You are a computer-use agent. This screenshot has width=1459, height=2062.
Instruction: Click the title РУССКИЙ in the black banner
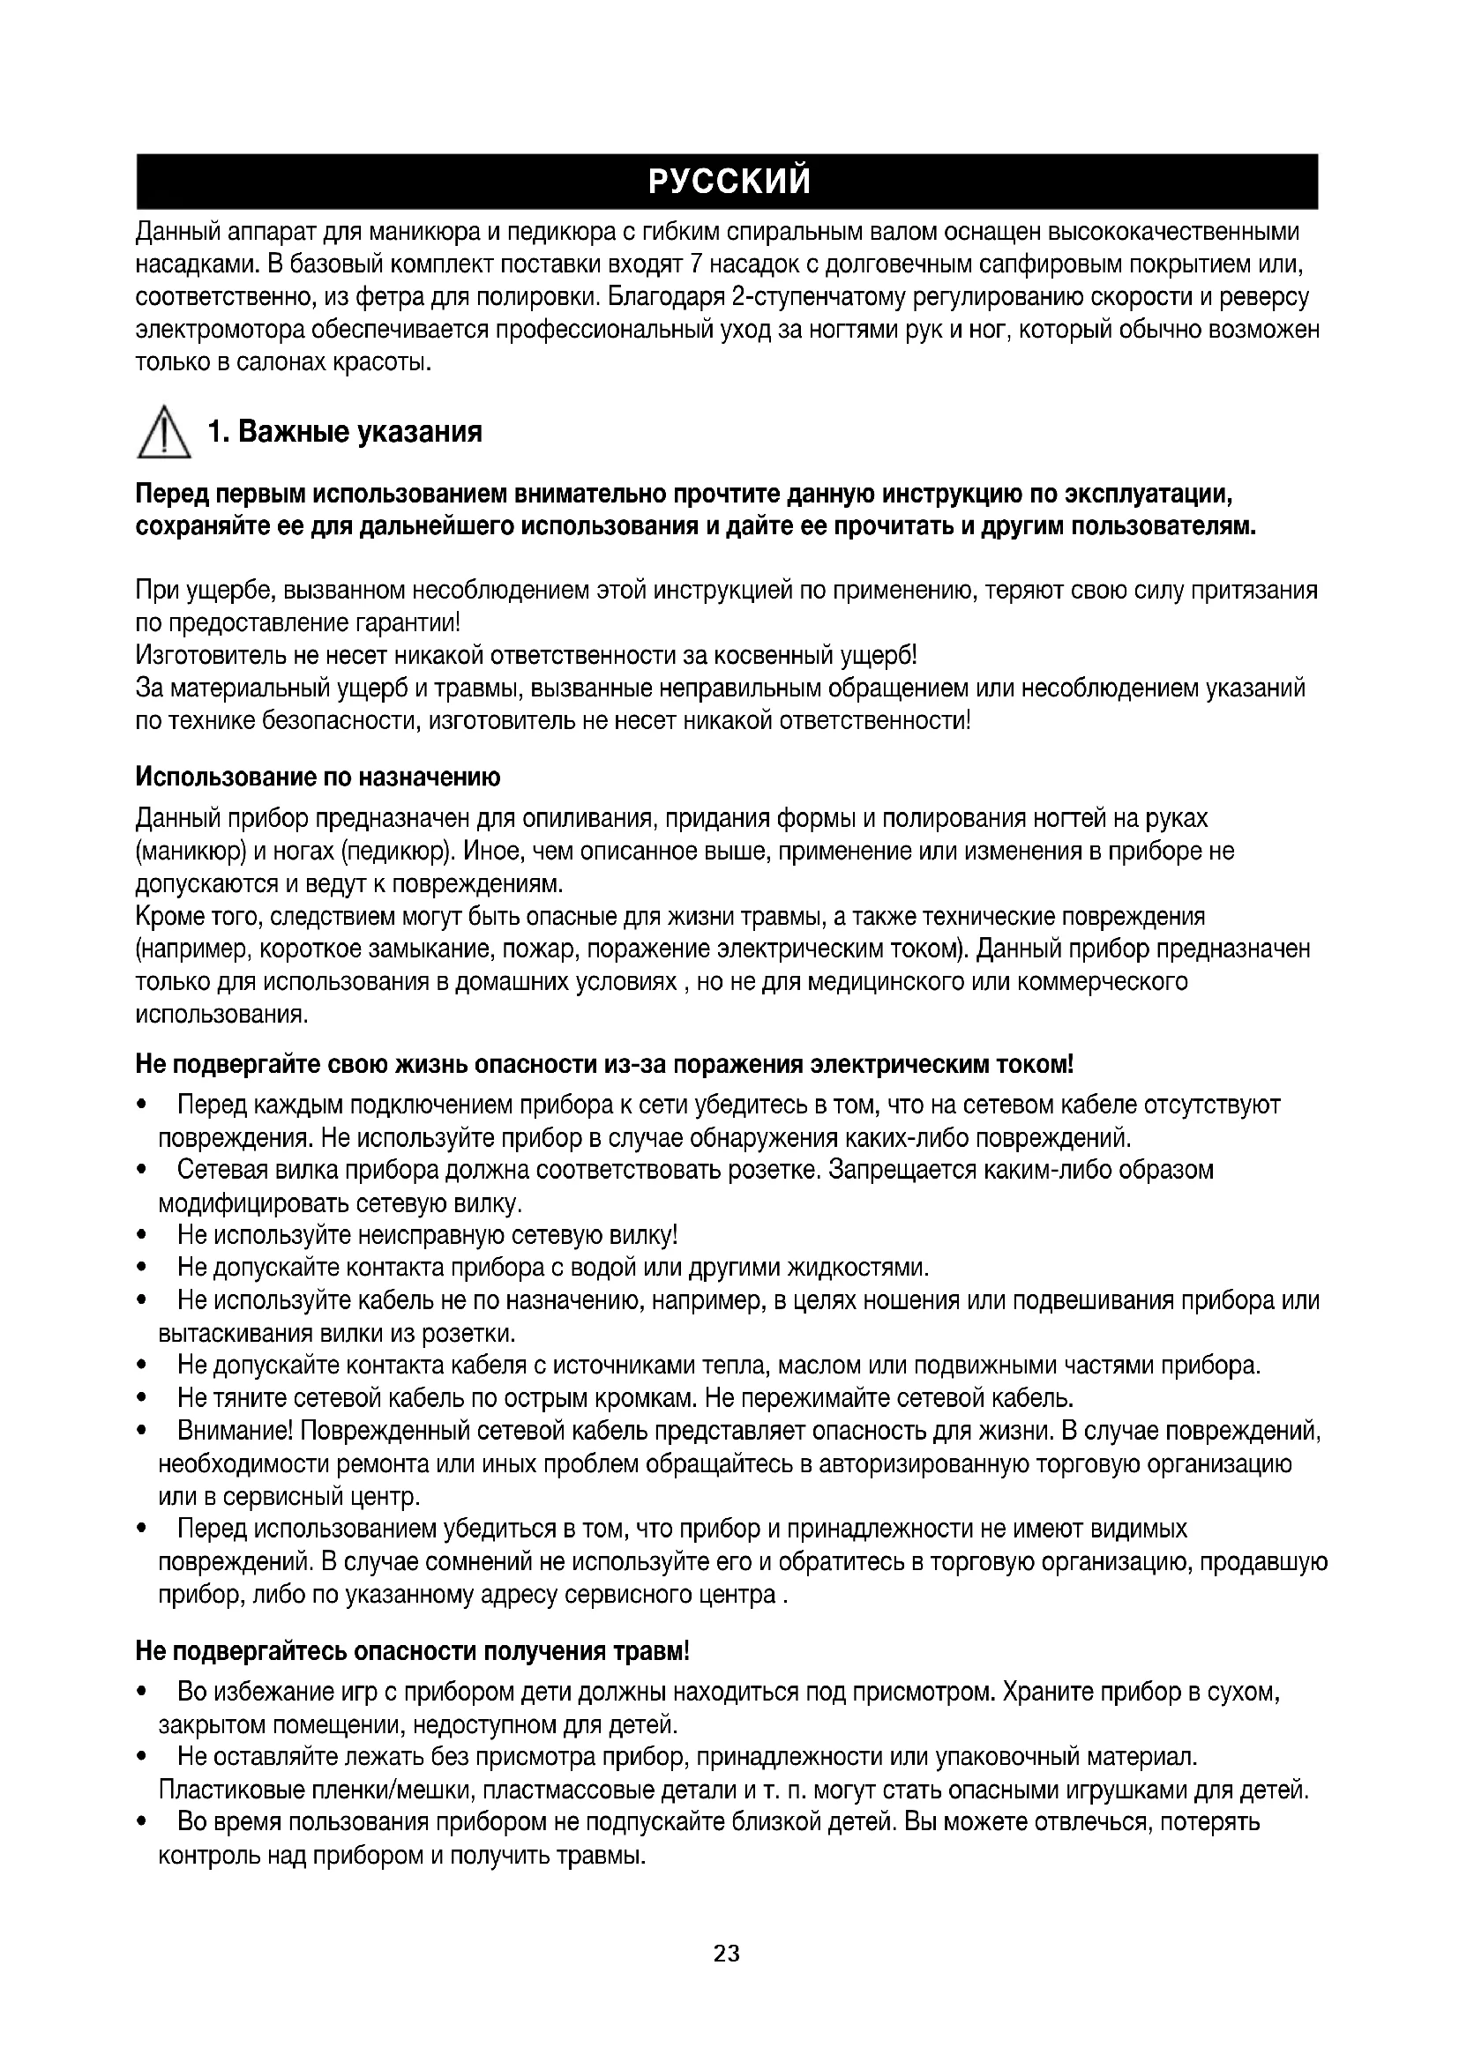[x=729, y=182]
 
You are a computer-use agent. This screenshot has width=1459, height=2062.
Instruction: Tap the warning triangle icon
[x=162, y=433]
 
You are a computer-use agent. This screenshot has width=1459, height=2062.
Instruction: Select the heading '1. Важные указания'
[x=345, y=432]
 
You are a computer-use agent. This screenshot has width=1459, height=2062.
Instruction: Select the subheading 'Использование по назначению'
[x=318, y=776]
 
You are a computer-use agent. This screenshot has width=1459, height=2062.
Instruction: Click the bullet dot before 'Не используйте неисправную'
[x=141, y=1236]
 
